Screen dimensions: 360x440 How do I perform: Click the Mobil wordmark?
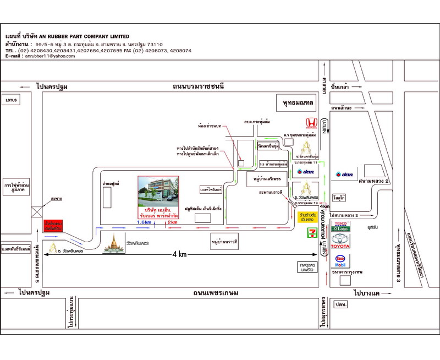(341, 265)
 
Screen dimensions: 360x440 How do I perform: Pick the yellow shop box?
(306, 216)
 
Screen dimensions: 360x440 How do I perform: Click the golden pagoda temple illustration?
(115, 242)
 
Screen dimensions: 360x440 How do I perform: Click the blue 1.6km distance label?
(145, 222)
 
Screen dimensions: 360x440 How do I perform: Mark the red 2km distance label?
(173, 222)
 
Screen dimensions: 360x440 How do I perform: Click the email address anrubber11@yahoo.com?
(48, 56)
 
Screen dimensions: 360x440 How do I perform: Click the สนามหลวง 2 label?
(373, 181)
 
